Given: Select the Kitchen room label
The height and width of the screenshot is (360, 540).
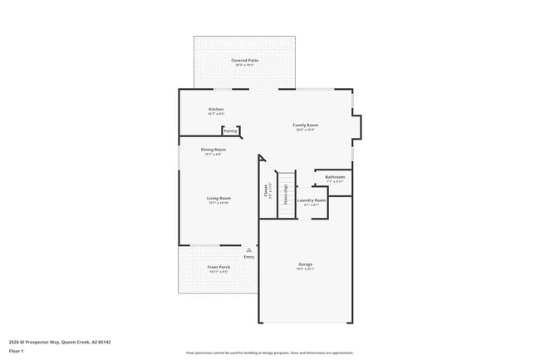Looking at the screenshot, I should tap(216, 109).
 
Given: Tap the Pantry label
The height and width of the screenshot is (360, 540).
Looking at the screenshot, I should tap(230, 131).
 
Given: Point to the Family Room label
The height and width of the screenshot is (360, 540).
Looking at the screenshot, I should tap(306, 125).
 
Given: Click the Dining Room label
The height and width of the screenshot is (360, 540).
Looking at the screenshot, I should tap(214, 150).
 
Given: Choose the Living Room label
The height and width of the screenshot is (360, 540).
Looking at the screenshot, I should tap(218, 198).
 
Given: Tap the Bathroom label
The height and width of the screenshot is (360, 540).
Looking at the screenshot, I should tap(335, 177).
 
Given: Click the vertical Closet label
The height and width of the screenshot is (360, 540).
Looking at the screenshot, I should tap(265, 191).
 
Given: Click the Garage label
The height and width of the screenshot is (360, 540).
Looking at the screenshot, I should tap(305, 264).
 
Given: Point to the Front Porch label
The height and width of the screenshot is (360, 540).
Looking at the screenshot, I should tap(219, 267).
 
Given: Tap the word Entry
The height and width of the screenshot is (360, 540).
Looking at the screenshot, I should tap(248, 256).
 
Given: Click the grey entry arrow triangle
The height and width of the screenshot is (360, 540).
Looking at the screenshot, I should tap(248, 249).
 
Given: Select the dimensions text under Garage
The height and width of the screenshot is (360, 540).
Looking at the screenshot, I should tap(305, 269).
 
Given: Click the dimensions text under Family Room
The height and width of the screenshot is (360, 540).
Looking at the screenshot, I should tap(306, 130).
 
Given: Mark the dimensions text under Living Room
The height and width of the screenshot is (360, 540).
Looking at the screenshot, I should tap(218, 203).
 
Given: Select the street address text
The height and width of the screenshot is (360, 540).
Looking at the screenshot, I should tap(60, 341).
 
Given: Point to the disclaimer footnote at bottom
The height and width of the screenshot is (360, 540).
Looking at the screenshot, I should tap(270, 353).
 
